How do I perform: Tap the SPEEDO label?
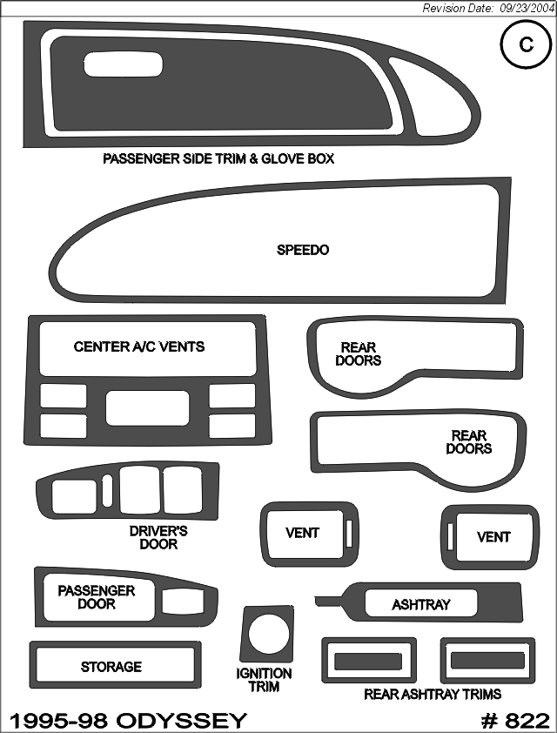tap(303, 250)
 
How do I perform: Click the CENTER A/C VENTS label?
tap(139, 346)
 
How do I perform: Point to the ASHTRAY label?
tap(421, 604)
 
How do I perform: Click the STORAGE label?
tap(111, 667)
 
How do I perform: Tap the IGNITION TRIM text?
tap(264, 680)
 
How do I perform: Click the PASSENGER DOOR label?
tap(97, 597)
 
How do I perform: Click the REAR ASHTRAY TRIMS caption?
tap(433, 694)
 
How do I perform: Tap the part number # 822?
tap(515, 722)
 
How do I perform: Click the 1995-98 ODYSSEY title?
tap(128, 722)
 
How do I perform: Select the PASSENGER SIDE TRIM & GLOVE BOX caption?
tap(218, 158)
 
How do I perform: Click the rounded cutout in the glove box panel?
tap(124, 64)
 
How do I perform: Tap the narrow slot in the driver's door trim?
tap(107, 491)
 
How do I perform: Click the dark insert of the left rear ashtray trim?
tap(368, 661)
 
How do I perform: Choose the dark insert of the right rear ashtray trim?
tap(487, 661)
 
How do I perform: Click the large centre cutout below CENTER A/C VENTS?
tap(148, 407)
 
